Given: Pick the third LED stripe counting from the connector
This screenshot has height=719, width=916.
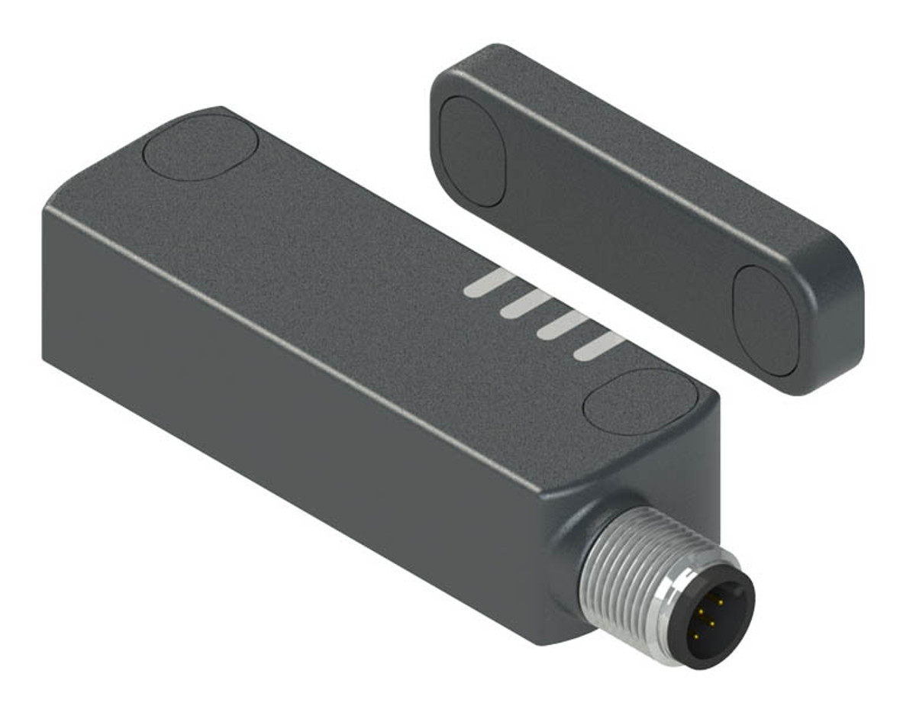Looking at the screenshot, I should [x=524, y=305].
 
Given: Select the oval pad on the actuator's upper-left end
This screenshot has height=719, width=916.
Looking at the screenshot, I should [x=473, y=151].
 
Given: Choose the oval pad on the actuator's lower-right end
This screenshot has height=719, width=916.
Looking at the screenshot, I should [x=765, y=321].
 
